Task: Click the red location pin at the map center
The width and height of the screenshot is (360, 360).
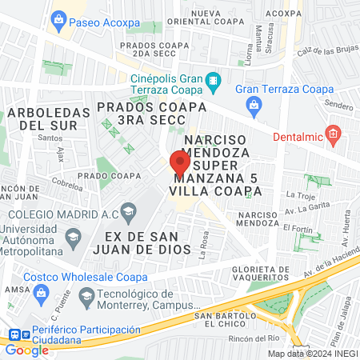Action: (179, 164)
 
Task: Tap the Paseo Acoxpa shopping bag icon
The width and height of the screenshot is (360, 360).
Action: (58, 22)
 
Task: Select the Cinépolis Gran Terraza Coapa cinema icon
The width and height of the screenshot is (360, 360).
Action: (214, 80)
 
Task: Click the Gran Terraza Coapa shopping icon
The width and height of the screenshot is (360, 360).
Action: (253, 103)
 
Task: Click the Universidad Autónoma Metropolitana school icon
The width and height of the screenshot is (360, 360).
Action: (73, 238)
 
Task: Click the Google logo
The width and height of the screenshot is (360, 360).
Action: (26, 349)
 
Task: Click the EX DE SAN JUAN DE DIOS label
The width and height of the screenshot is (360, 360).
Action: (149, 242)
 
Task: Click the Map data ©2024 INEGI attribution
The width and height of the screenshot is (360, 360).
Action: (312, 353)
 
